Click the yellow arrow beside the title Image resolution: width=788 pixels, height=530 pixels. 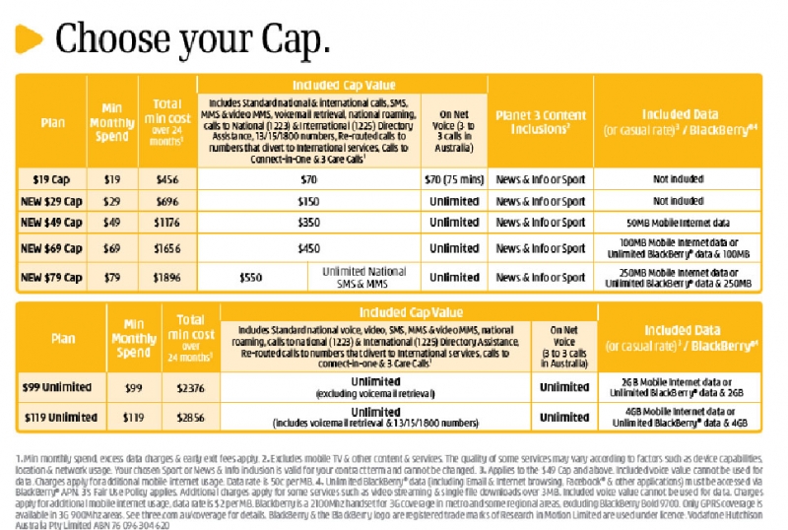(x=31, y=39)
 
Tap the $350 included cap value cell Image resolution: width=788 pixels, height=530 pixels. (x=308, y=223)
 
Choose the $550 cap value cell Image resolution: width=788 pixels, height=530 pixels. (x=251, y=277)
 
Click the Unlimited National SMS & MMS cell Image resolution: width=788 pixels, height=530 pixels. (x=365, y=277)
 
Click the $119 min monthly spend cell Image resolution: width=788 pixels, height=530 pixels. (x=134, y=417)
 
